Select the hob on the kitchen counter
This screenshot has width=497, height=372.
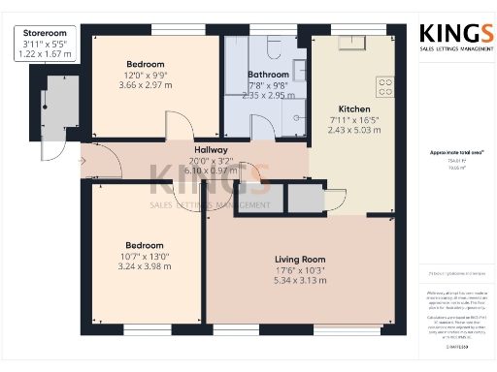(385, 87)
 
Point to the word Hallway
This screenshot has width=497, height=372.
(211, 150)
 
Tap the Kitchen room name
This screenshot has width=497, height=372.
(353, 108)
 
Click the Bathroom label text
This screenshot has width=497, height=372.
(268, 75)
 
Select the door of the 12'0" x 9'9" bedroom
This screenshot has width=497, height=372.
(176, 126)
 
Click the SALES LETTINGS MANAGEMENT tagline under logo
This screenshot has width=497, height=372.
(449, 46)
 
